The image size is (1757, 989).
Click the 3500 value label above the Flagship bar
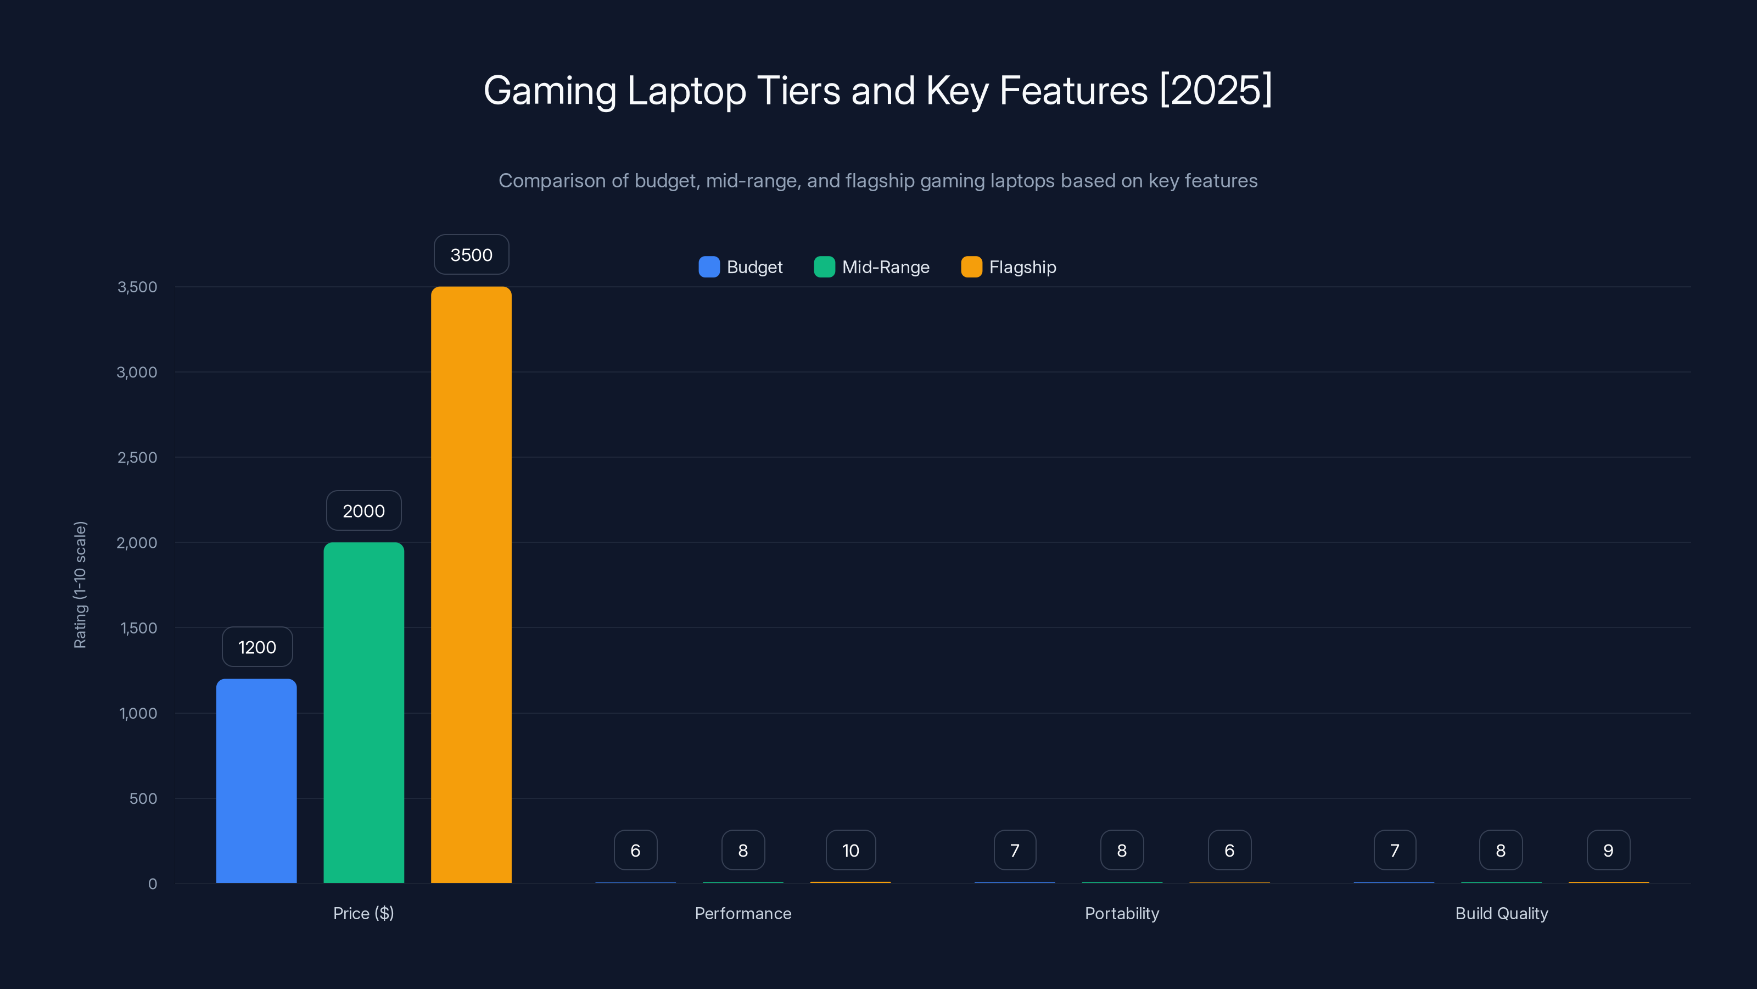pyautogui.click(x=471, y=254)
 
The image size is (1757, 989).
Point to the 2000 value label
pyautogui.click(x=363, y=510)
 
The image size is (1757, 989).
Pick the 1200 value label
pyautogui.click(x=257, y=647)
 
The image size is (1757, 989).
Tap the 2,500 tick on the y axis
pyautogui.click(x=137, y=457)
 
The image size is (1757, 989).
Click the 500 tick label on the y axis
pyautogui.click(x=143, y=798)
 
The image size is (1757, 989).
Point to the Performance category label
pyautogui.click(x=743, y=913)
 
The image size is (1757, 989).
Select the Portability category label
pyautogui.click(x=1122, y=913)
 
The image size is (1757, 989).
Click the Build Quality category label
pyautogui.click(x=1501, y=913)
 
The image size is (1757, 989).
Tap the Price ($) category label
pyautogui.click(x=363, y=913)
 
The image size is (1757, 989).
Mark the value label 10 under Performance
pyautogui.click(x=850, y=851)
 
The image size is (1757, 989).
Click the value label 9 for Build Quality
pyautogui.click(x=1608, y=851)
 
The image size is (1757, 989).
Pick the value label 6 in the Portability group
pyautogui.click(x=1229, y=851)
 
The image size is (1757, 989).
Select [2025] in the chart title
pyautogui.click(x=1216, y=90)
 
